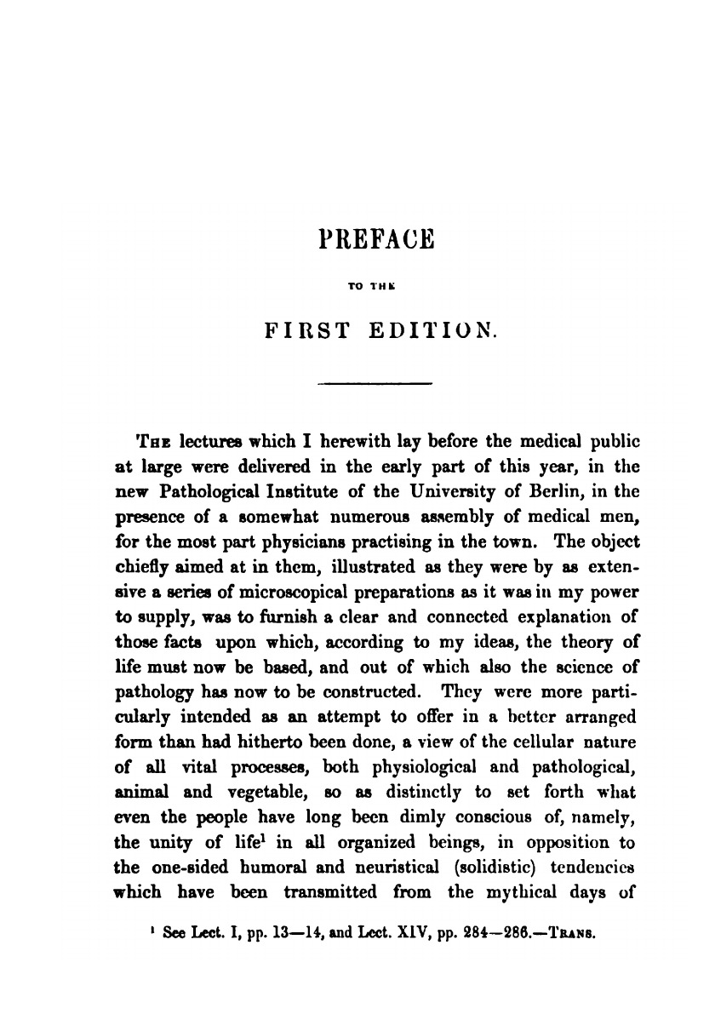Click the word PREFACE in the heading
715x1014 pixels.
click(375, 238)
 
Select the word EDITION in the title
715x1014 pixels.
click(437, 329)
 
